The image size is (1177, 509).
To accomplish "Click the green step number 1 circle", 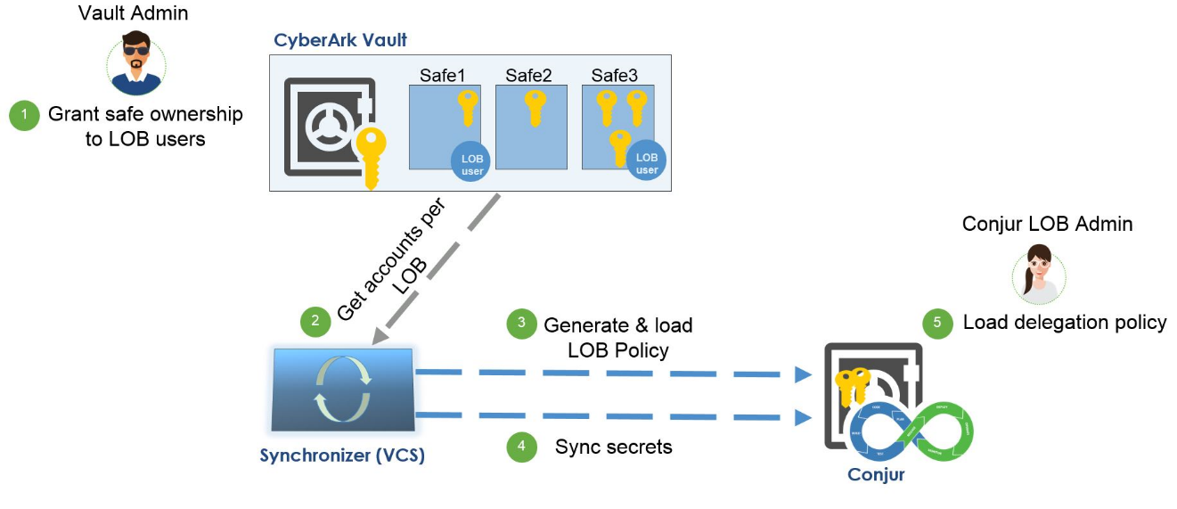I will (x=25, y=115).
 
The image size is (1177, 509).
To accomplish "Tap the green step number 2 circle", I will (x=315, y=322).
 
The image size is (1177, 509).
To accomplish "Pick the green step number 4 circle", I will (x=522, y=447).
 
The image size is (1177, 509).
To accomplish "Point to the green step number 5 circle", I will (x=937, y=323).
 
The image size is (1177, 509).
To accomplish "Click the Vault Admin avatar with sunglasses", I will (x=135, y=63).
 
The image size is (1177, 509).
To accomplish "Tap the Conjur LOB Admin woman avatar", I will (x=1039, y=274).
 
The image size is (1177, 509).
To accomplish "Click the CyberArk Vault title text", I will (x=341, y=40).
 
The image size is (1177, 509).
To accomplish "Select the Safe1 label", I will (x=443, y=75).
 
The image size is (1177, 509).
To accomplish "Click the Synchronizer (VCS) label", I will (x=342, y=456).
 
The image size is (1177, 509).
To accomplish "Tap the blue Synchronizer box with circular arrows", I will (x=342, y=390).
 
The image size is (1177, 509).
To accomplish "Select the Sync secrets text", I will (x=613, y=447).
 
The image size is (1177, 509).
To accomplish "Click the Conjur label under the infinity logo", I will (x=876, y=474).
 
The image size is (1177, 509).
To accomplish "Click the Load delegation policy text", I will (x=1065, y=323).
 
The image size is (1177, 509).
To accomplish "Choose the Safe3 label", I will (x=616, y=75).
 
